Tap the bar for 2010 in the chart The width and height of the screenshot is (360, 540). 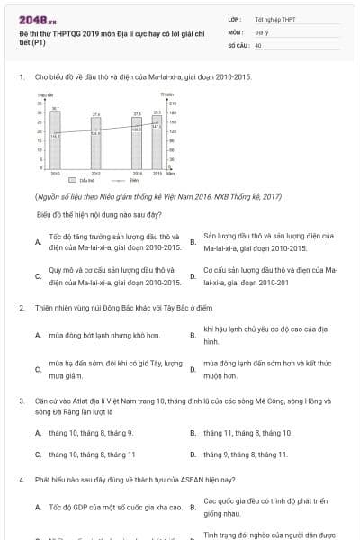pyautogui.click(x=56, y=140)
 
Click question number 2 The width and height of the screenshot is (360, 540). pyautogui.click(x=21, y=308)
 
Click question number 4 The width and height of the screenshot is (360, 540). pyautogui.click(x=21, y=480)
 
